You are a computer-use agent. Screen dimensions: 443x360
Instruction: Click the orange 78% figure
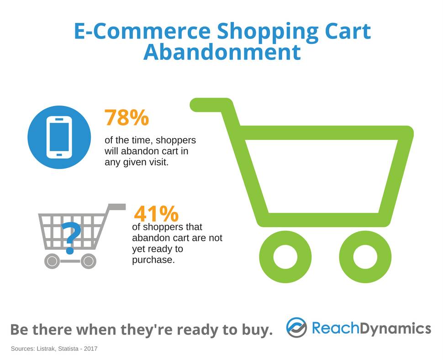click(127, 117)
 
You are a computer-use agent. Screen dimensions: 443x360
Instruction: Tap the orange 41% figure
click(156, 214)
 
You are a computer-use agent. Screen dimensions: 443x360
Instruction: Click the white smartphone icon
click(59, 138)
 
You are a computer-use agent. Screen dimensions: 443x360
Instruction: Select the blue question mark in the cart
click(70, 238)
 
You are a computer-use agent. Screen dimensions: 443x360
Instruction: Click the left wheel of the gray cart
click(52, 261)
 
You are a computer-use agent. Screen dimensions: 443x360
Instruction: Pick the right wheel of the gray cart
click(89, 261)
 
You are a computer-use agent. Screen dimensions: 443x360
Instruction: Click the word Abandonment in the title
click(222, 52)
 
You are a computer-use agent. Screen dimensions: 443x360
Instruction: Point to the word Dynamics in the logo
click(395, 328)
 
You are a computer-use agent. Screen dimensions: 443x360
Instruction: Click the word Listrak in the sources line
click(46, 349)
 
